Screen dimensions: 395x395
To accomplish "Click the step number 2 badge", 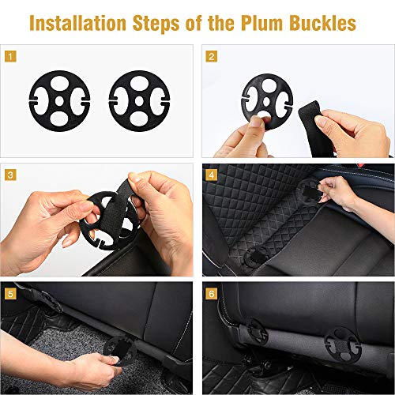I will click(212, 56).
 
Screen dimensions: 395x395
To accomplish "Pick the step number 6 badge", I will click(212, 293).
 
